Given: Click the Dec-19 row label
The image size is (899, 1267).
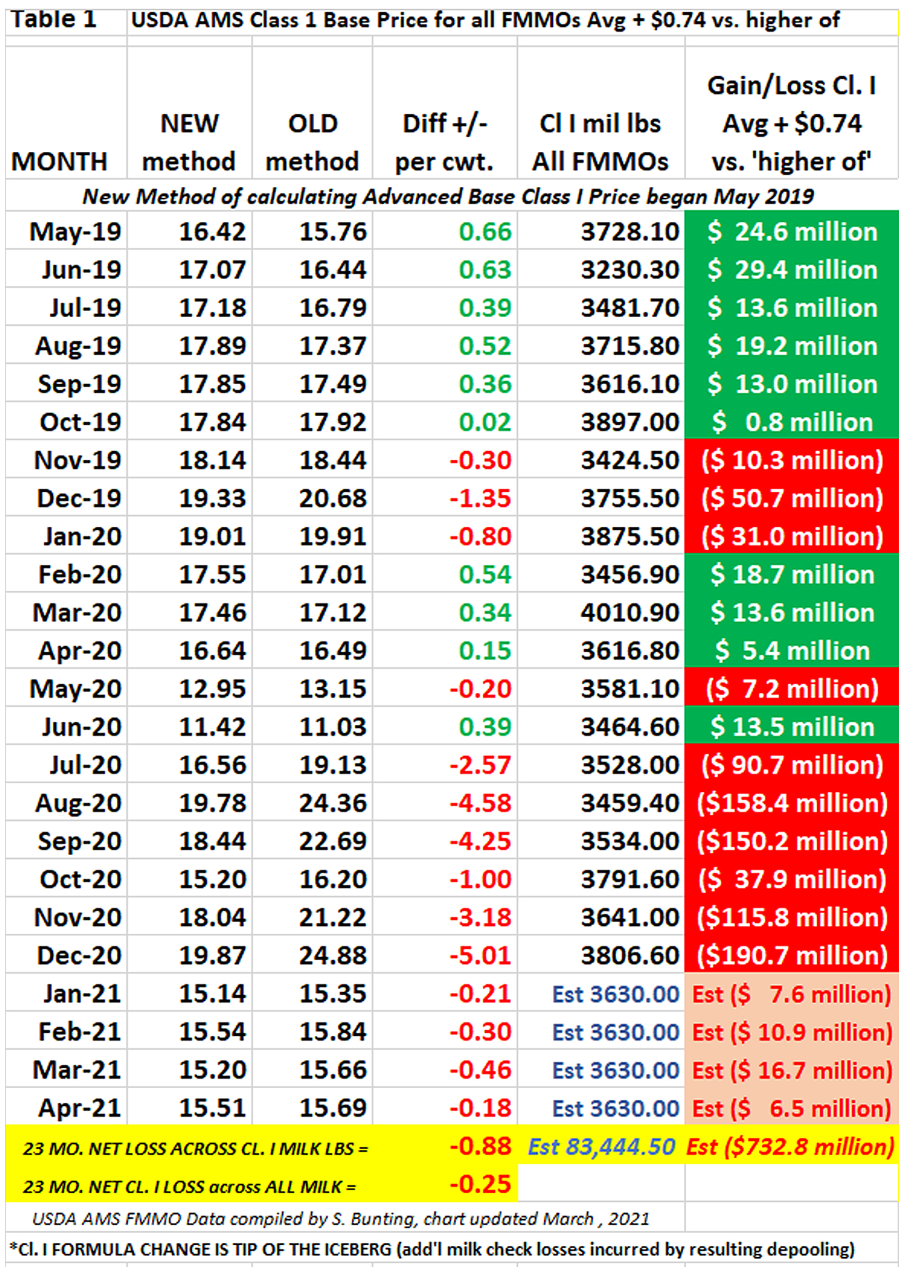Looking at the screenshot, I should pos(79,498).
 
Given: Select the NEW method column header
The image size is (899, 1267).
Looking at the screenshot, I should pos(189,143).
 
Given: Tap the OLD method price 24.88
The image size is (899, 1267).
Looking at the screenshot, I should pos(333,955).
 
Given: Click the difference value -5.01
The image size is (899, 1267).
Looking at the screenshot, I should pos(480,955).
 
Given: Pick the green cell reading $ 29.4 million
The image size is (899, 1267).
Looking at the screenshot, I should pos(792,270).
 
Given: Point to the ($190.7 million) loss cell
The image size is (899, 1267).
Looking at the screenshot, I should pos(792,955).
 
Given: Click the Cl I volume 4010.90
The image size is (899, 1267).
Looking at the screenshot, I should pos(630,612).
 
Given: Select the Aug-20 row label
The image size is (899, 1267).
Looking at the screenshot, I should pos(78,803).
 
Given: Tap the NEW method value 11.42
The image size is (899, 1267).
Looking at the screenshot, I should pos(212,727).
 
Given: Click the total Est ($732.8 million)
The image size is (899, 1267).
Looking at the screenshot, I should pos(790,1147).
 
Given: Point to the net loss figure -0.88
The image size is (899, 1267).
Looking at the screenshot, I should pos(480,1147).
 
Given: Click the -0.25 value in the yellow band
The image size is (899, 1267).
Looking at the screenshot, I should pos(480,1184).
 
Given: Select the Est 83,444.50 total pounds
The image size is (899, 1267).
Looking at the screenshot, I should pos(601,1147).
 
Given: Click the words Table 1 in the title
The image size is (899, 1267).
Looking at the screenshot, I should pos(54,20).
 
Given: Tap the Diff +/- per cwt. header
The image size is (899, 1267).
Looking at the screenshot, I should pos(444,143).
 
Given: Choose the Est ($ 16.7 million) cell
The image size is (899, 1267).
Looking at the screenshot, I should pos(792,1070).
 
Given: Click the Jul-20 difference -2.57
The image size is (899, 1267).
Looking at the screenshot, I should pos(480,765).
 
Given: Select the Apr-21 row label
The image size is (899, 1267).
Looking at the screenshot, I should pos(79,1108).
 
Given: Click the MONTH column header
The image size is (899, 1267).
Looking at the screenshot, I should pos(59,162).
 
